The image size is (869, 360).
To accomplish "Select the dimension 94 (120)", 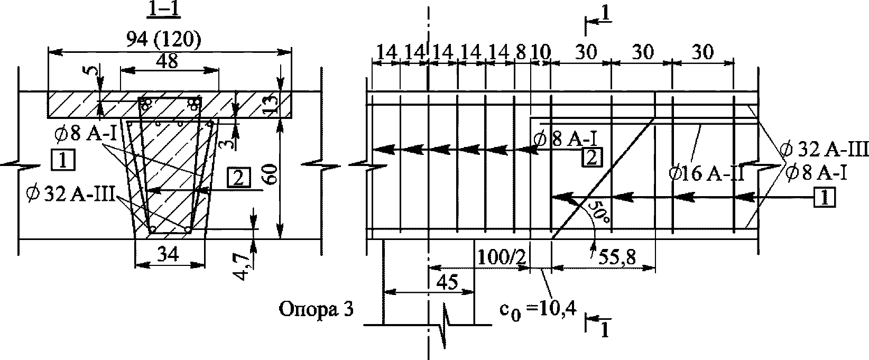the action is click(x=164, y=40).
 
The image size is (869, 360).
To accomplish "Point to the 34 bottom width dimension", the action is click(x=168, y=255).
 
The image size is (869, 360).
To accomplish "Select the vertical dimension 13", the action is click(x=271, y=105).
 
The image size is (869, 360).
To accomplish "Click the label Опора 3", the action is click(x=316, y=311).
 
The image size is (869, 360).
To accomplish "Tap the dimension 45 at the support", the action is click(x=447, y=282).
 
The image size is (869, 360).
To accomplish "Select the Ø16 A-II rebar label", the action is click(x=707, y=173).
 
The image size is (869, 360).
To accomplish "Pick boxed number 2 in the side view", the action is click(x=591, y=158).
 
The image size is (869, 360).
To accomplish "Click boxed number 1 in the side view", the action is click(x=825, y=198).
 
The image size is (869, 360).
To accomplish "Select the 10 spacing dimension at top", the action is click(x=541, y=52).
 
